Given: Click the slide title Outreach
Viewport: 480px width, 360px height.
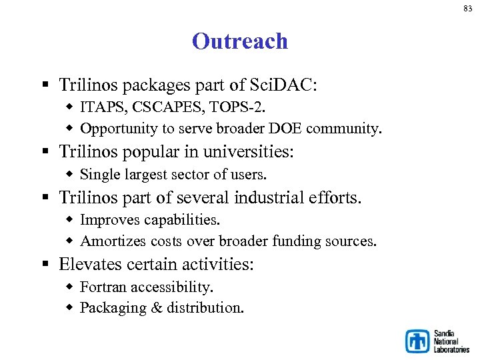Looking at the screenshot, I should (240, 41).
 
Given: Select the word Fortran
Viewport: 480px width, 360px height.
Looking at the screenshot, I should (103, 287).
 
